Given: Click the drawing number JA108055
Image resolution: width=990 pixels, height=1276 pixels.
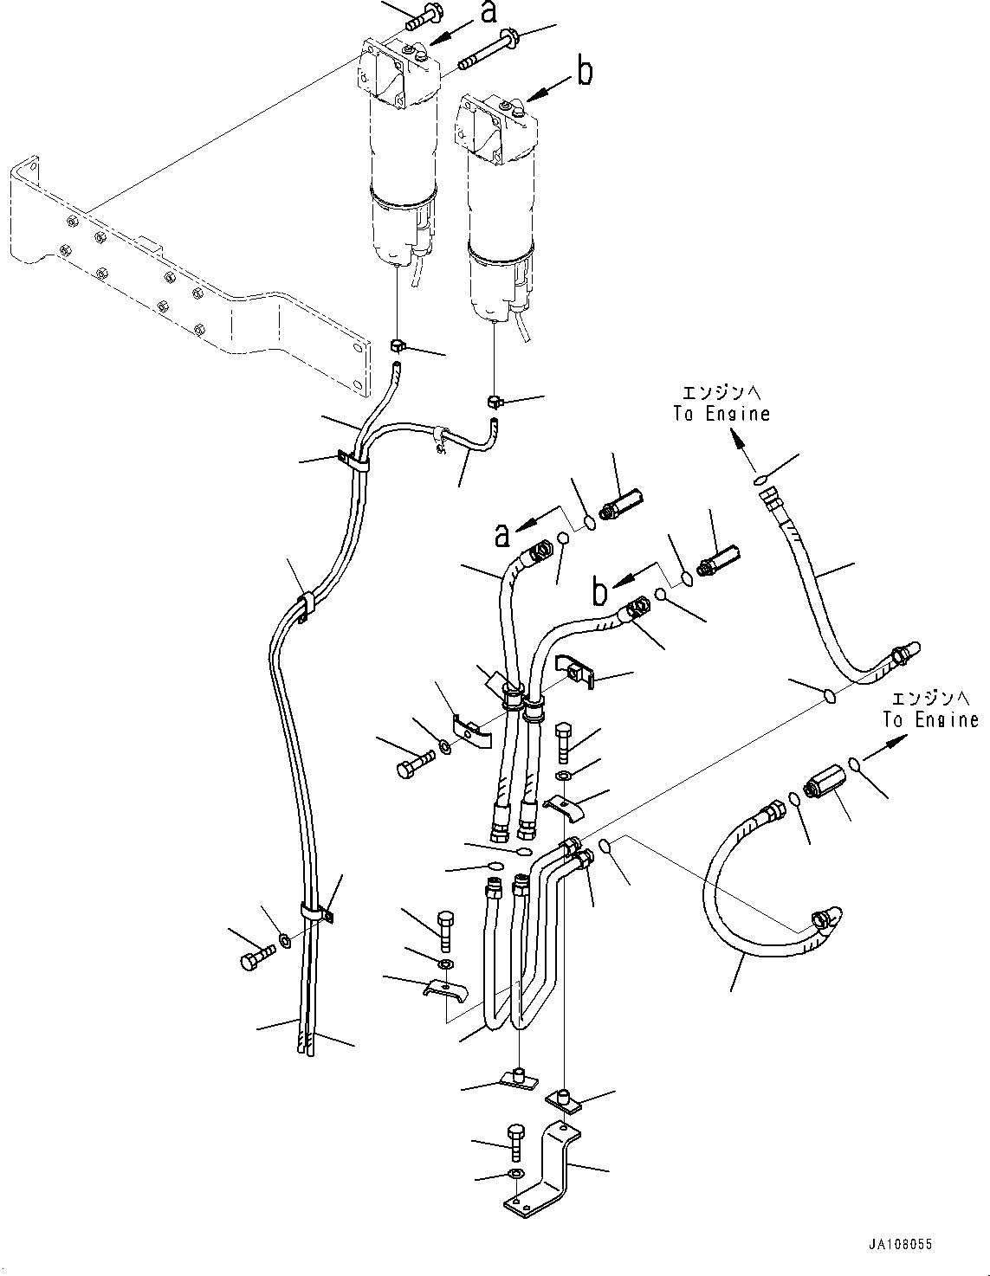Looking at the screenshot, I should [901, 1244].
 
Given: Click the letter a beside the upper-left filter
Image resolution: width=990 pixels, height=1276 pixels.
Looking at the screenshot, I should [490, 12].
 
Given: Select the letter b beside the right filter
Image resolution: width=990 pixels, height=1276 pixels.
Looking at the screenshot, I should [586, 72].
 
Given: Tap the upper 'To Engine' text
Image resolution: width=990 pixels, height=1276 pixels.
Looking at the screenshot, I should [721, 413].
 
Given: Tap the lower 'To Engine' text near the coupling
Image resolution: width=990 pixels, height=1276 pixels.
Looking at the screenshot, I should [931, 719].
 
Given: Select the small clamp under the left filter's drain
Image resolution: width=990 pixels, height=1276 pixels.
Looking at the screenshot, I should [399, 345].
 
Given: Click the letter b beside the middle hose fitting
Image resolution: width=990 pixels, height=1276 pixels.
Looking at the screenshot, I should [600, 593].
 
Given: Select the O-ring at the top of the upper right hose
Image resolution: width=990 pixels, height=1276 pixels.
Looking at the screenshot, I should [760, 479].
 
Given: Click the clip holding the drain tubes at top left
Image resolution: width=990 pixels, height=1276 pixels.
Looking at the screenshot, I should [352, 459].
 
